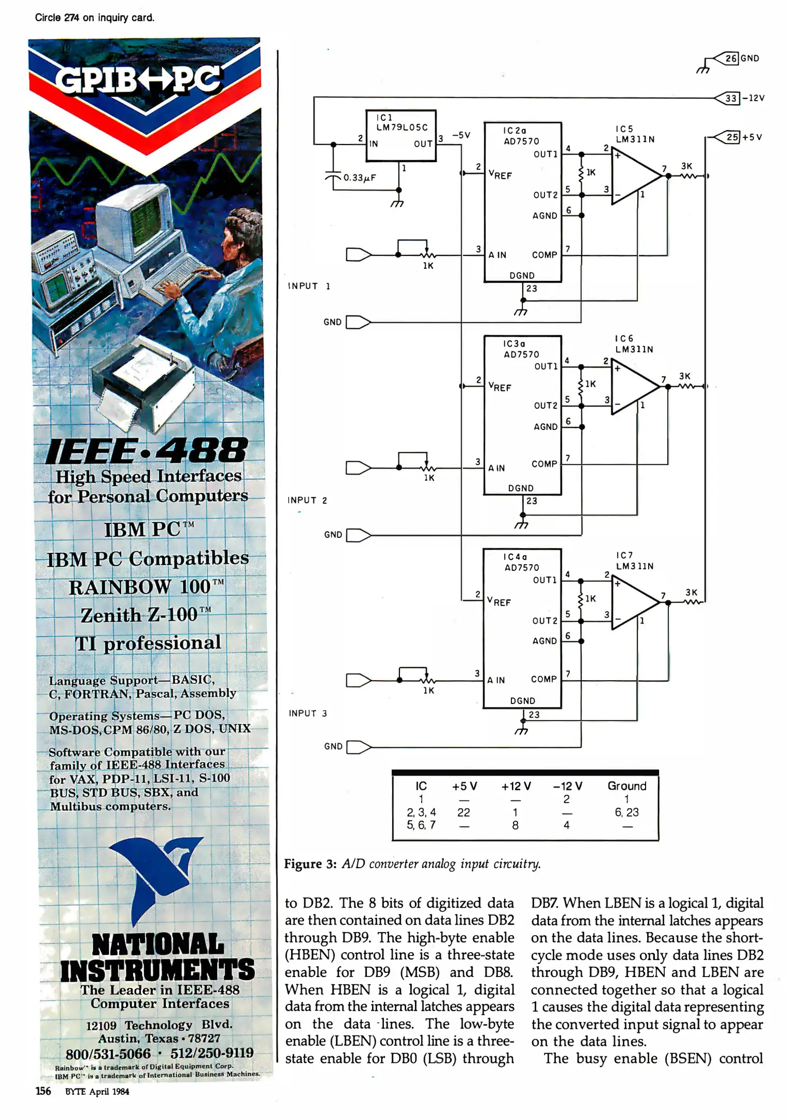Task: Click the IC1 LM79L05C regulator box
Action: tap(400, 135)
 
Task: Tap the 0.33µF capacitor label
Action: tap(360, 178)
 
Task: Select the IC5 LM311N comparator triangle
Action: tap(634, 176)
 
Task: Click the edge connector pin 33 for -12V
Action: tap(731, 98)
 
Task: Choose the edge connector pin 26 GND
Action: tap(731, 58)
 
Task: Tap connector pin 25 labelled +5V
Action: tap(732, 137)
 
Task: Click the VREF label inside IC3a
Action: tap(499, 386)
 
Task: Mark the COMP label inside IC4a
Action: tap(543, 679)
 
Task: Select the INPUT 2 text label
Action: tap(307, 500)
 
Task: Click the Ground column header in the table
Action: tap(627, 786)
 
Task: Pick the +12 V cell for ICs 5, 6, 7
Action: tap(515, 825)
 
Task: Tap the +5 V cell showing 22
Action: tap(464, 812)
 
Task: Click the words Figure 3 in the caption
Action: tap(310, 864)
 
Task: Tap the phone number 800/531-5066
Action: tap(108, 1053)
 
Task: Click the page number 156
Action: tap(43, 1091)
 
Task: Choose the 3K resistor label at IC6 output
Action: tap(684, 376)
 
